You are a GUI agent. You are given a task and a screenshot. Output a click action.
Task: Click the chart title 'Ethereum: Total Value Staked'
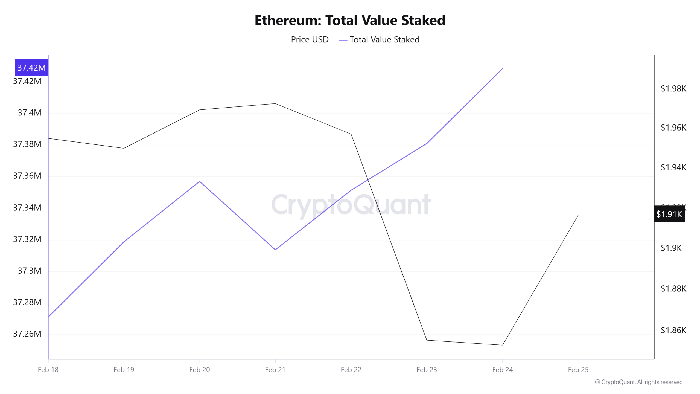pos(350,20)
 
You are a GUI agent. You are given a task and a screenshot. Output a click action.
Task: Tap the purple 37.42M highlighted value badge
pos(31,67)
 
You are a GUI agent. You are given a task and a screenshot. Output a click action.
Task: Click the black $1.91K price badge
pos(669,214)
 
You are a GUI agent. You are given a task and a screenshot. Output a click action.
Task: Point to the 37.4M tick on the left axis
pos(29,112)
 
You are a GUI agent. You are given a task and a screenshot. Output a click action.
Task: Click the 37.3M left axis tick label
pos(29,271)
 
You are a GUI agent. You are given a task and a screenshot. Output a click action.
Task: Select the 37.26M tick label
pos(27,334)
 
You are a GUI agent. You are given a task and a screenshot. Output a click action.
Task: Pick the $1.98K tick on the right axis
pos(673,88)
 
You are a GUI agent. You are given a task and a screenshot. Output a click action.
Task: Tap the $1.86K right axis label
pos(673,330)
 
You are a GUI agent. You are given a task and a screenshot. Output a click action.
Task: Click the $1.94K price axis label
pos(673,167)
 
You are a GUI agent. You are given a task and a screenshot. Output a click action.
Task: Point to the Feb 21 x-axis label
pos(275,370)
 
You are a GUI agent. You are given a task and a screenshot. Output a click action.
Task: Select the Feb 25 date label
pos(578,370)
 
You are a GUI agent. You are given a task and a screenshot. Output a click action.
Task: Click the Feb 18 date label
pos(48,370)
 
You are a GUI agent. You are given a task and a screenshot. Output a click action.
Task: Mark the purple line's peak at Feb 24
pos(503,68)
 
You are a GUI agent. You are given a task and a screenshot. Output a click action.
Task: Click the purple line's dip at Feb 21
pos(275,250)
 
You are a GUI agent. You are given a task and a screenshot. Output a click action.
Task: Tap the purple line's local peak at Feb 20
pos(200,181)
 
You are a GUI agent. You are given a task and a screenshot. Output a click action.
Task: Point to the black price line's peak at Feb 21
pos(275,103)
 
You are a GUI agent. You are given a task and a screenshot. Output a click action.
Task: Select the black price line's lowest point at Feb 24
pos(502,345)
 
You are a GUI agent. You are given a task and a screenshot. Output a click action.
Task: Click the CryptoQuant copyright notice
pos(639,382)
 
